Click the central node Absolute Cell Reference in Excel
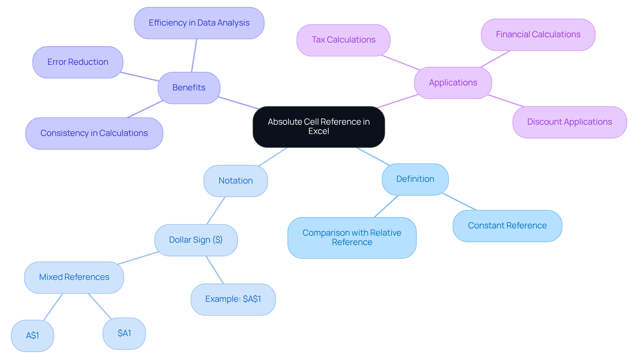(319, 127)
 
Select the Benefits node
(189, 88)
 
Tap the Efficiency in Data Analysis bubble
(199, 23)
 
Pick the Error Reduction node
(78, 62)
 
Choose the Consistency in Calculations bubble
(94, 133)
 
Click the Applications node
(453, 83)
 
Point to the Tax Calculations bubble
(343, 40)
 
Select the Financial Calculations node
(538, 35)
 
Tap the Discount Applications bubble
(570, 122)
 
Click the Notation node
(236, 181)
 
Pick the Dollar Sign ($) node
(196, 240)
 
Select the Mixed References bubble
(74, 277)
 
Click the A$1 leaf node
(33, 335)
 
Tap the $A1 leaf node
(124, 333)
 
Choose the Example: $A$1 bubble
(233, 299)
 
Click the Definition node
(415, 179)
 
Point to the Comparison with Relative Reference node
(352, 238)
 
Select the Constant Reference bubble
(507, 226)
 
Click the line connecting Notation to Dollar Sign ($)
(216, 210)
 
